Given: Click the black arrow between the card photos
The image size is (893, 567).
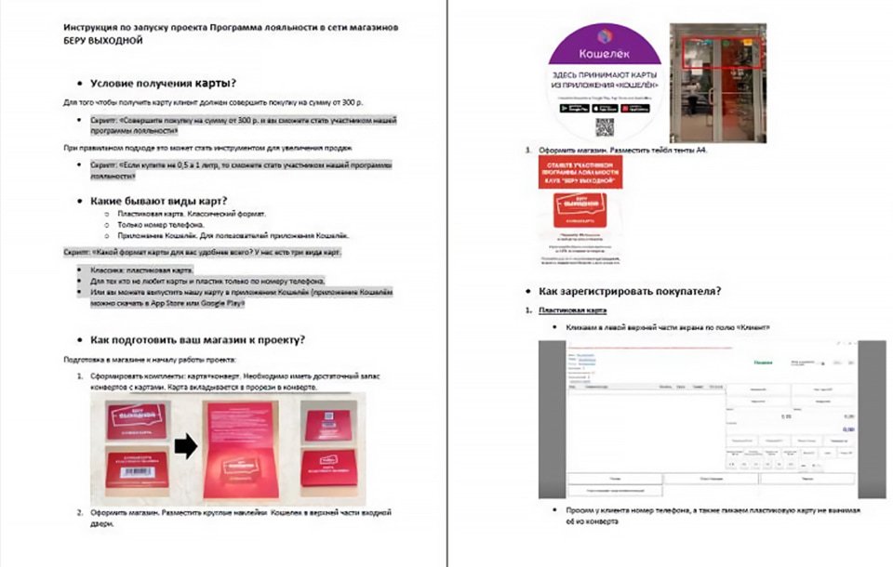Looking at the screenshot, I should click(186, 447).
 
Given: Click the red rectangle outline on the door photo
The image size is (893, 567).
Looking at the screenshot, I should click(723, 52).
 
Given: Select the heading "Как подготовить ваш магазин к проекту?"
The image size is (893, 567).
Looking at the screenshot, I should click(197, 339).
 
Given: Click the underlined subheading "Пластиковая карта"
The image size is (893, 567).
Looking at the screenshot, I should click(573, 310).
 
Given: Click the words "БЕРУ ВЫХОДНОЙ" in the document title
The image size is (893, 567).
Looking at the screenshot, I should click(104, 42).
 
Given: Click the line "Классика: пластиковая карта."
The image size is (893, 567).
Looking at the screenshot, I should click(141, 270).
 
